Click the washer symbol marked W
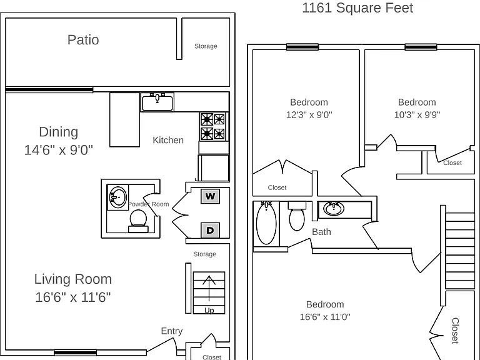[x=210, y=196]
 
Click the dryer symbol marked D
[x=210, y=230]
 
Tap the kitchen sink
[x=157, y=102]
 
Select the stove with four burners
[x=213, y=126]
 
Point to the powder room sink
[x=118, y=197]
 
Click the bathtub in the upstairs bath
[x=266, y=223]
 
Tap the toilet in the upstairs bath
[x=297, y=216]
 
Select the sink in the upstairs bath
[x=334, y=209]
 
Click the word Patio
[x=83, y=40]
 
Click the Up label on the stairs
[x=209, y=311]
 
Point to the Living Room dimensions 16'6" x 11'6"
[x=73, y=297]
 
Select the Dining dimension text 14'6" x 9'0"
[x=59, y=150]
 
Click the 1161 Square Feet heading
[x=357, y=7]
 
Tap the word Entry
[x=172, y=331]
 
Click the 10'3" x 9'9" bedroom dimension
[x=417, y=115]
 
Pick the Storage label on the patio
[x=206, y=46]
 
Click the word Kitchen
[x=168, y=140]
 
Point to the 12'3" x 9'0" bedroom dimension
[x=309, y=115]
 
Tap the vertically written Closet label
[x=455, y=331]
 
